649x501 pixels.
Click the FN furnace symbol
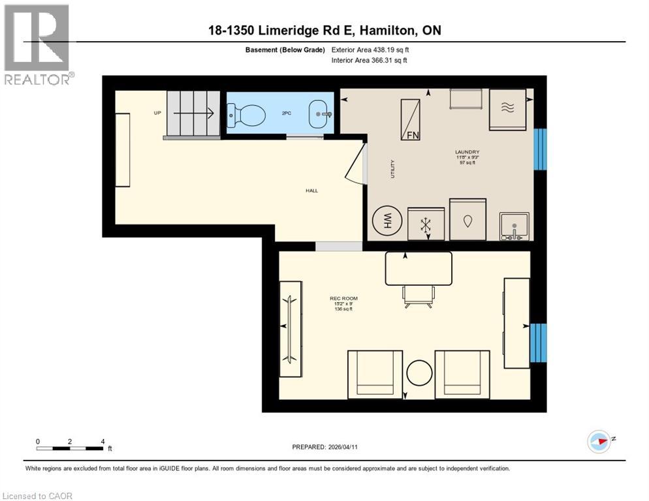(x=411, y=119)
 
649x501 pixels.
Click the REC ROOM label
(x=343, y=299)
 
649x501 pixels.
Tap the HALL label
(x=311, y=190)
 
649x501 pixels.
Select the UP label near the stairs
(x=157, y=113)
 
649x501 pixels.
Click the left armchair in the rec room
(x=375, y=374)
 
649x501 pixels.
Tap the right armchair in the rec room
(x=462, y=374)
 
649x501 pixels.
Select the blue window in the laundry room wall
(x=540, y=149)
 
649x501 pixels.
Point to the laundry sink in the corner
(x=515, y=227)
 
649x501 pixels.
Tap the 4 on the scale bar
(x=103, y=441)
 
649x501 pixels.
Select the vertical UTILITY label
(x=393, y=170)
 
